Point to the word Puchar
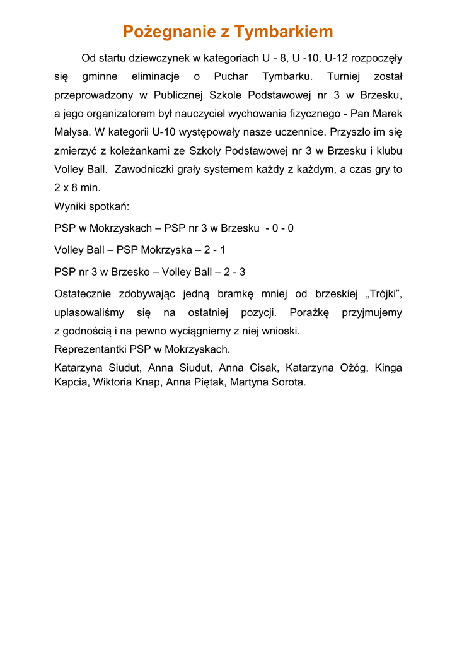coord(231,77)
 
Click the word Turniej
coord(344,77)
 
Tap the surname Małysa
coord(72,132)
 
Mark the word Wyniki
coord(70,206)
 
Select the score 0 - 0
coord(283,228)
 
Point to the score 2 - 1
coord(214,250)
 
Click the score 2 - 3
coord(234,272)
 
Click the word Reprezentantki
coord(91,349)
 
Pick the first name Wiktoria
coord(114,382)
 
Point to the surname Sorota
coord(287,382)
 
